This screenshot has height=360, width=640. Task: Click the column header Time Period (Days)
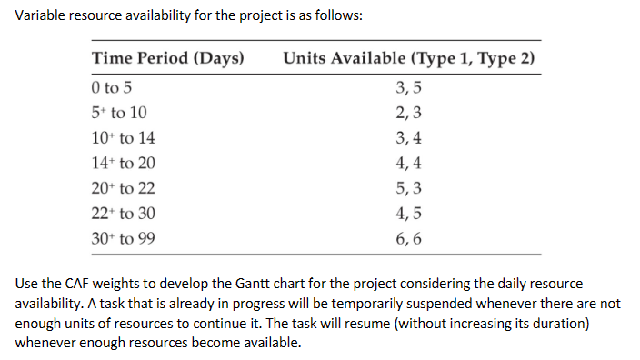click(168, 60)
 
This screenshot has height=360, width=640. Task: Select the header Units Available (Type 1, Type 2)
click(409, 60)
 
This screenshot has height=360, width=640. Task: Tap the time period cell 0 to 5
click(114, 88)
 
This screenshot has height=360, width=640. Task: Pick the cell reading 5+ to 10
click(119, 114)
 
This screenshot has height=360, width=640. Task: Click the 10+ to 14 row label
click(124, 139)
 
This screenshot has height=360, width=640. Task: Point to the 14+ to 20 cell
click(124, 165)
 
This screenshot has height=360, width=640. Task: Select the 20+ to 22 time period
click(124, 190)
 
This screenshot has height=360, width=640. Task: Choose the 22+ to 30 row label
click(124, 215)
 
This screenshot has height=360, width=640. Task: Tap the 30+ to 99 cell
click(124, 241)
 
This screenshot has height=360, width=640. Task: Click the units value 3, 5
click(410, 88)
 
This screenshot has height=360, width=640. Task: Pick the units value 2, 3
click(410, 114)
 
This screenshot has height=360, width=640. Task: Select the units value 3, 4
click(410, 139)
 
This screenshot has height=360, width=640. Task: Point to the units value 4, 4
click(410, 165)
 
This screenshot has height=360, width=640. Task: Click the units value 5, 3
click(410, 190)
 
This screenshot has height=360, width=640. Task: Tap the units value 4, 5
click(410, 215)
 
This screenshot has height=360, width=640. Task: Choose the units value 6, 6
click(410, 241)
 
